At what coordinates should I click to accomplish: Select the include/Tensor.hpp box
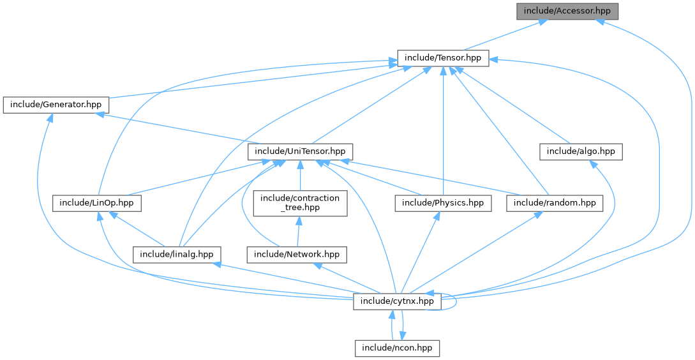coord(443,58)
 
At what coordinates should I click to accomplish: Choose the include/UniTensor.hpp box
coord(300,151)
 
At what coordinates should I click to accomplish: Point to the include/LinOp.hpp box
coord(96,203)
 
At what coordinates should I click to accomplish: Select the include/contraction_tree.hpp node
coord(300,203)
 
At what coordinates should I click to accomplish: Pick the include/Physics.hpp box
coord(443,203)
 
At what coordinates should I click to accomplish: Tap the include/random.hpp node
coord(555,203)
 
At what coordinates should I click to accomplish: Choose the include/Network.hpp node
coord(297,254)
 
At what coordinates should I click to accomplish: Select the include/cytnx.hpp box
coord(398,301)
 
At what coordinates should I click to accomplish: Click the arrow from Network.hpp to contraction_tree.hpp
coord(299,231)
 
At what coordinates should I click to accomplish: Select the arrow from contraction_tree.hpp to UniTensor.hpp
coord(300,176)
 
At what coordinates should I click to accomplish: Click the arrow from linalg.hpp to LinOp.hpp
coord(137,229)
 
